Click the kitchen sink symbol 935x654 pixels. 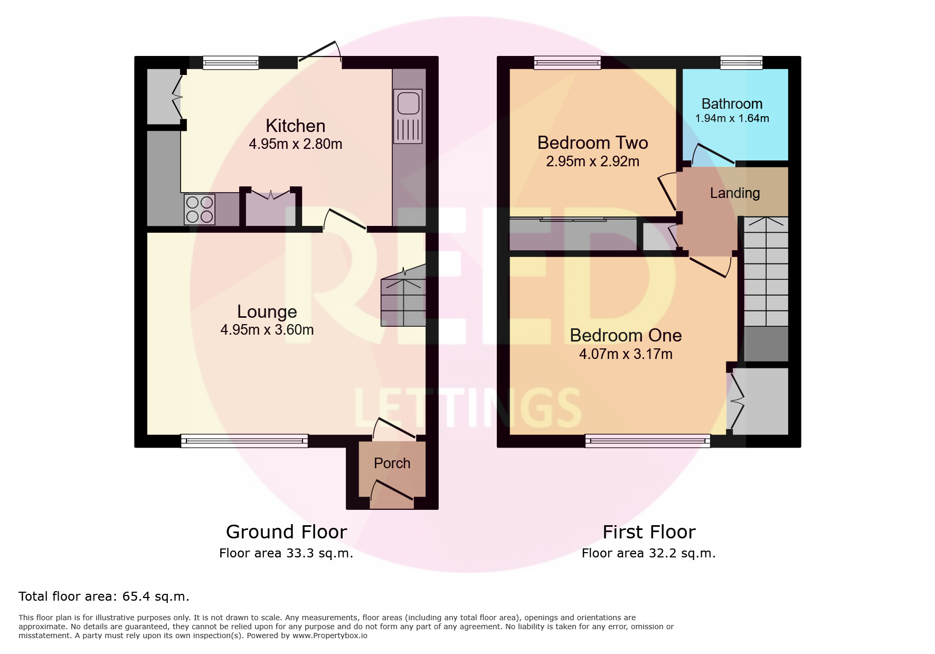tap(408, 116)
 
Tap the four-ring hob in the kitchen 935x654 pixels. tap(200, 209)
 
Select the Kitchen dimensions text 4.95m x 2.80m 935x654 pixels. tap(296, 144)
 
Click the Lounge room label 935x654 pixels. tap(267, 311)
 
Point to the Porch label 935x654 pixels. tap(392, 463)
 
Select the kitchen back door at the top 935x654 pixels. tap(319, 51)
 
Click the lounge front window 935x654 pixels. tap(244, 441)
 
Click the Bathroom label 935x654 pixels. tap(732, 104)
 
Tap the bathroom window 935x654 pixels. tap(741, 63)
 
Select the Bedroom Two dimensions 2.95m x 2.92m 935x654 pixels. tap(592, 162)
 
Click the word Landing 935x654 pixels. tap(734, 193)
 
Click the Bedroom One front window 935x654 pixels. tap(648, 441)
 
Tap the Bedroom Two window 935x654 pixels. tap(567, 63)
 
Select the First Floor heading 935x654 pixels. tap(649, 532)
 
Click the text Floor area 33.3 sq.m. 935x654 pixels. tap(286, 553)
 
